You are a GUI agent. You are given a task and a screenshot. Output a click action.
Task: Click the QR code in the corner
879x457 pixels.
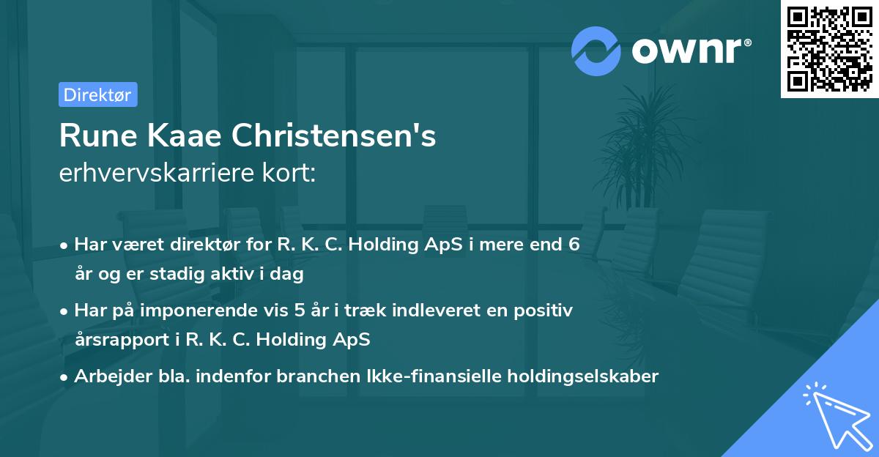click(830, 48)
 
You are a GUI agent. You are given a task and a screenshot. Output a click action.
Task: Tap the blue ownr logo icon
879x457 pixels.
click(596, 51)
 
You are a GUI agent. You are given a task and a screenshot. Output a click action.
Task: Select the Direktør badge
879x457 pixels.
click(97, 94)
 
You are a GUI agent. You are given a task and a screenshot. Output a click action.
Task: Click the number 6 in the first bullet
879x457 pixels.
click(574, 245)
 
